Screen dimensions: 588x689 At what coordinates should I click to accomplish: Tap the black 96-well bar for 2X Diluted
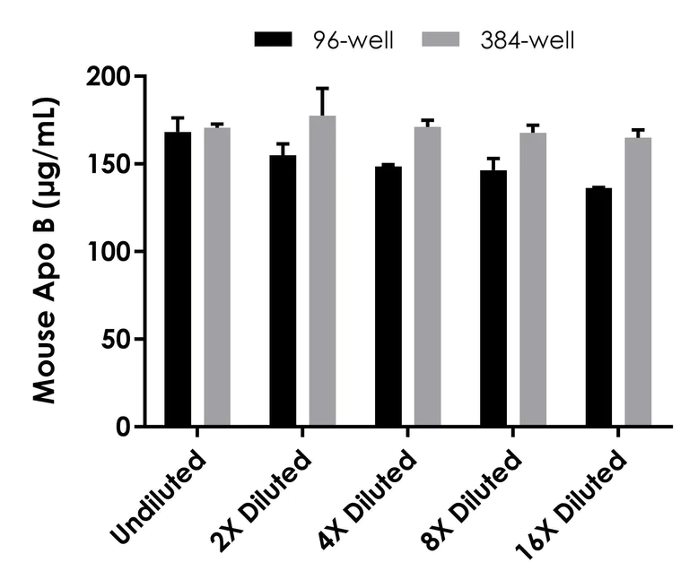coord(283,290)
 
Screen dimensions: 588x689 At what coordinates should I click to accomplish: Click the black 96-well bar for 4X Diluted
coord(388,296)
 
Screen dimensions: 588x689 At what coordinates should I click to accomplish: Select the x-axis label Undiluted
coord(159,498)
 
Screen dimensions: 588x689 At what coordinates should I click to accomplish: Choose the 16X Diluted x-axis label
coord(579,502)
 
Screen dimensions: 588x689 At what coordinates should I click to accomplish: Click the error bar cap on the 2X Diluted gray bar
coord(322,88)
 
